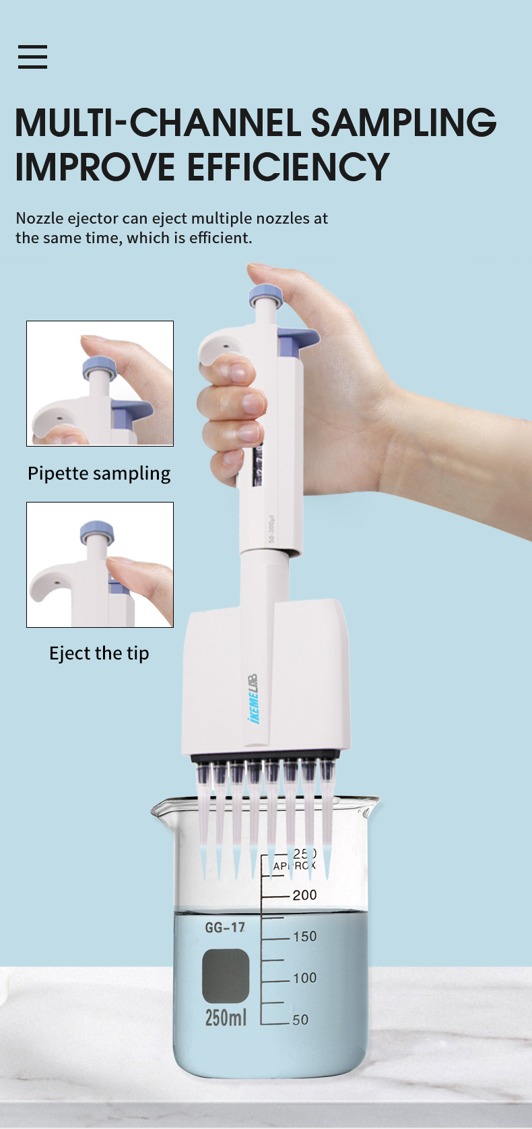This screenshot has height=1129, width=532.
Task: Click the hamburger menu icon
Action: tap(32, 57)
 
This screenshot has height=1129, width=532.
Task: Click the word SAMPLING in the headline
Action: tap(403, 123)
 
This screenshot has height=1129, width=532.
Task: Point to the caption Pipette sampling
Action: tap(99, 474)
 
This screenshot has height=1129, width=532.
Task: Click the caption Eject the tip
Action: tap(99, 653)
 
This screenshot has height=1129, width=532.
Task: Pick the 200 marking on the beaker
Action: tap(304, 895)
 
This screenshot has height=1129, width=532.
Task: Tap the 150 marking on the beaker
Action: tap(304, 936)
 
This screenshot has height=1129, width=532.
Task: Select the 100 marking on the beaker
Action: tap(304, 977)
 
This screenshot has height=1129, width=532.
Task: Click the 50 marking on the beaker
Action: tap(300, 1020)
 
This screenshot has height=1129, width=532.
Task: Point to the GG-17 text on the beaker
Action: tap(225, 928)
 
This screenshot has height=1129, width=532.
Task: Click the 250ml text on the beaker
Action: tap(226, 1017)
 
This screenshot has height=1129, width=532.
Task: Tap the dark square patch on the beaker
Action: tap(226, 976)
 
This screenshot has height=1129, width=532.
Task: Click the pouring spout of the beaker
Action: tap(162, 808)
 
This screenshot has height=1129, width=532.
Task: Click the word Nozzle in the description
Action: tap(39, 218)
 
